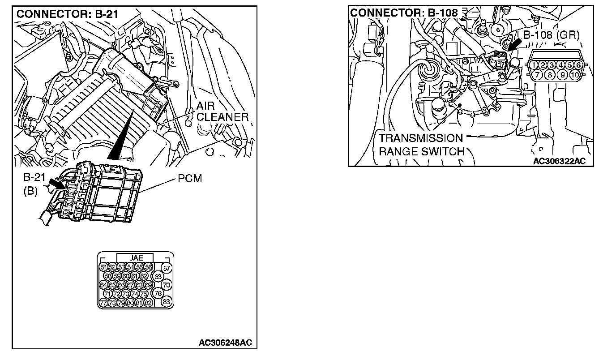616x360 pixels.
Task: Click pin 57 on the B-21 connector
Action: (167, 268)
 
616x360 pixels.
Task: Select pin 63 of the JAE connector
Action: (158, 276)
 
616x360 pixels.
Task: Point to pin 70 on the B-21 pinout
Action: (167, 284)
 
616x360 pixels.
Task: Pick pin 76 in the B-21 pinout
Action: (158, 293)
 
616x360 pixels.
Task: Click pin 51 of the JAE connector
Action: (103, 267)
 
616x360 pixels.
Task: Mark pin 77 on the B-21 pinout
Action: (103, 303)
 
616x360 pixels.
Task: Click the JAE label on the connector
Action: (135, 258)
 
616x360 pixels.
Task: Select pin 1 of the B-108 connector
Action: (534, 65)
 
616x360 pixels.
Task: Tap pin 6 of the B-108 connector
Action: (578, 65)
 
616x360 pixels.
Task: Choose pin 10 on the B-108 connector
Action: (575, 75)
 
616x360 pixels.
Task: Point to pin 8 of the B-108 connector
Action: (550, 75)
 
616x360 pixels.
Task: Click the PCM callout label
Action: (190, 179)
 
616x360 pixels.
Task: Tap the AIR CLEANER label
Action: (222, 112)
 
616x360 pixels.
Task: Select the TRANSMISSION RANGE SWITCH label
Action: (421, 145)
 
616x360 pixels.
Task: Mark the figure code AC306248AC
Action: (225, 343)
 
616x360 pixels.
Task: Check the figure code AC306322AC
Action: (559, 161)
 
